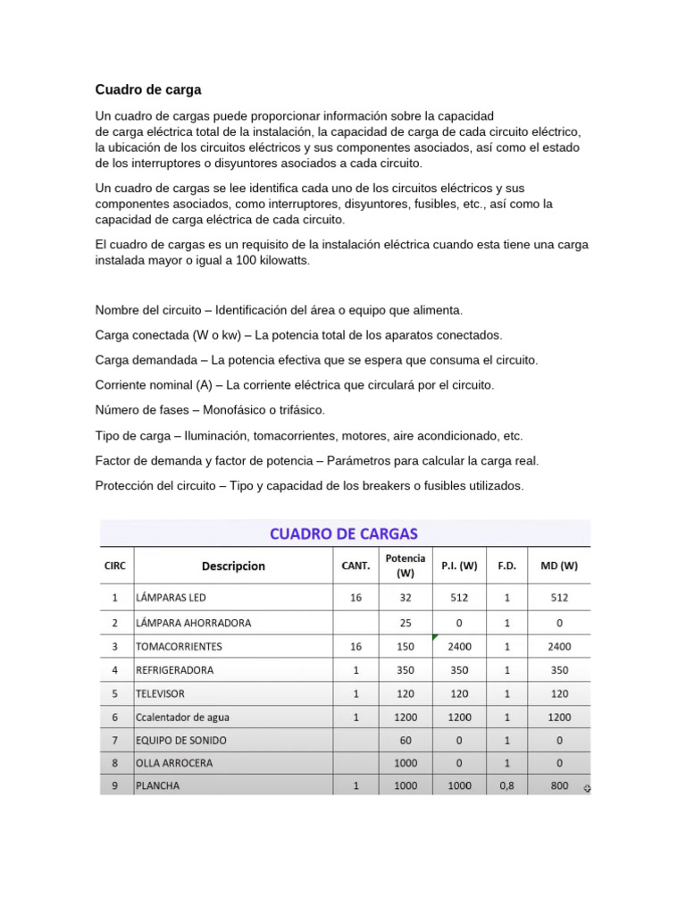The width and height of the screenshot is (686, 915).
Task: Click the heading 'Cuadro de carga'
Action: click(x=148, y=89)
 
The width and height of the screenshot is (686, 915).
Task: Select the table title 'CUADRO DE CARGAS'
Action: click(x=344, y=533)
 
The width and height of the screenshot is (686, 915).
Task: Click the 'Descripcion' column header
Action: click(x=233, y=566)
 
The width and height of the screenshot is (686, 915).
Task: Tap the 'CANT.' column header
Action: click(x=356, y=566)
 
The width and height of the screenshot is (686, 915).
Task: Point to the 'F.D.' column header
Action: click(x=506, y=566)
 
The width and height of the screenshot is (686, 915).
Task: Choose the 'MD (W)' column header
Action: click(x=559, y=566)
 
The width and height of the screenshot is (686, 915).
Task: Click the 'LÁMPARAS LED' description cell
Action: click(x=175, y=598)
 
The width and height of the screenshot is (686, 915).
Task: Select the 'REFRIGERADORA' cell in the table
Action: click(x=174, y=669)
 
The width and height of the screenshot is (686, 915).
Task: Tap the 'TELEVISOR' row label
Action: click(x=161, y=693)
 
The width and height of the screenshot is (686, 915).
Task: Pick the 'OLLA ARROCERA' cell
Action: click(x=174, y=763)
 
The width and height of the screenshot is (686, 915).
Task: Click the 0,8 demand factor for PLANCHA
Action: click(x=506, y=786)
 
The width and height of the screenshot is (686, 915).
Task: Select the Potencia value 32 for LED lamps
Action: click(x=406, y=598)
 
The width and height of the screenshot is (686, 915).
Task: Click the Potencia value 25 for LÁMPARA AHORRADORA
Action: click(x=406, y=622)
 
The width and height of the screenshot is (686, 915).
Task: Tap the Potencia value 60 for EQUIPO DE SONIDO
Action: click(x=406, y=740)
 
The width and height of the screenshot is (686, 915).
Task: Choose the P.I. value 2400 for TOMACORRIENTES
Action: click(x=459, y=646)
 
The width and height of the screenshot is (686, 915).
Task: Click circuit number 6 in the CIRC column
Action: click(x=114, y=717)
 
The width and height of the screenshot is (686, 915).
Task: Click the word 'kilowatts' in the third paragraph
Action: click(x=280, y=260)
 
